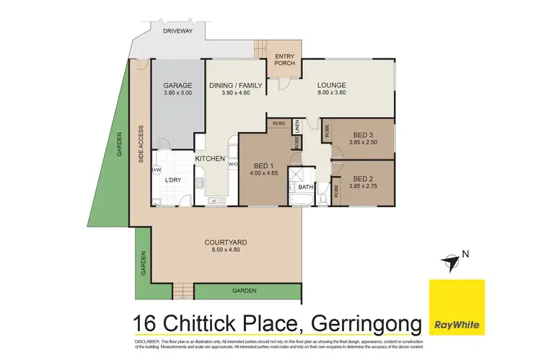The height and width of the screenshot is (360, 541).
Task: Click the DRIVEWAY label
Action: [176, 32]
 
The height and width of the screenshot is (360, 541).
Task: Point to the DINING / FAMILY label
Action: [236, 85]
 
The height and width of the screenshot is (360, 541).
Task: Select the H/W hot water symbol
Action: [157, 170]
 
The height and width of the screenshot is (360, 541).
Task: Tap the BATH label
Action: [306, 187]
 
